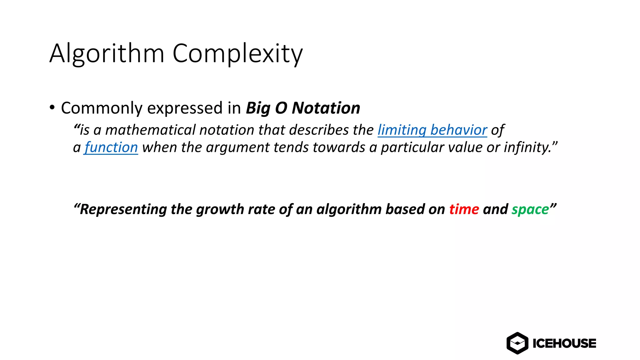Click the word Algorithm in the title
(107, 54)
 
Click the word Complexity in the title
(237, 54)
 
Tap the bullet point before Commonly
(52, 108)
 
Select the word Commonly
(102, 108)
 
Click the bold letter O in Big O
(281, 108)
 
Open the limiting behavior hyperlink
(432, 130)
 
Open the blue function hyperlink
(111, 147)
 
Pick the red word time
(464, 209)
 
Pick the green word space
(530, 210)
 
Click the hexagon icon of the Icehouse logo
(517, 343)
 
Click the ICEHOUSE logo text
(564, 343)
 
